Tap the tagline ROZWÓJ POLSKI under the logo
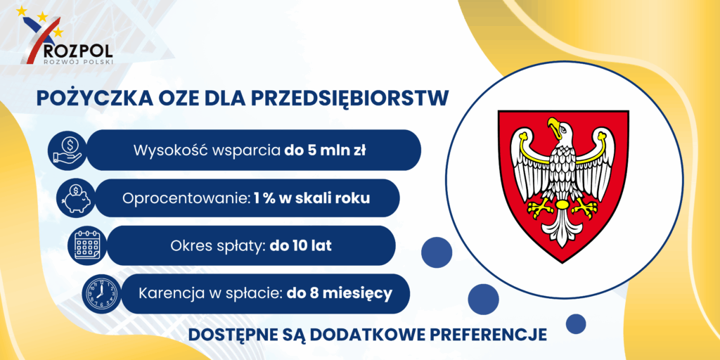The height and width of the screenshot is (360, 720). [77, 61]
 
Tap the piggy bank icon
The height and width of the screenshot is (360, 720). [75, 198]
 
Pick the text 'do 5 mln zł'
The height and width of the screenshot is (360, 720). [324, 150]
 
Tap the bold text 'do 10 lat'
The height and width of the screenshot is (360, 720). [301, 245]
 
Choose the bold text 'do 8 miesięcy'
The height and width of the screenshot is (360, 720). [340, 293]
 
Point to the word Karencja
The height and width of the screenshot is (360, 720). [169, 293]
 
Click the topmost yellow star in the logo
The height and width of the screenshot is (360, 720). [21, 11]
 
